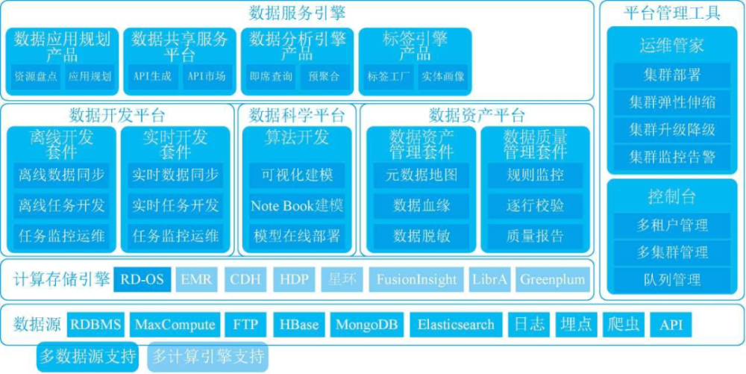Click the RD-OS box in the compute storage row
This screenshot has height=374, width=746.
[142, 279]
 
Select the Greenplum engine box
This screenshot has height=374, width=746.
[552, 279]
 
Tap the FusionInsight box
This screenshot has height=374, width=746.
[416, 279]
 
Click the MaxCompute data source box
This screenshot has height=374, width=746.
[175, 325]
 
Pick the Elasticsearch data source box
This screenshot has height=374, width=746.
[456, 325]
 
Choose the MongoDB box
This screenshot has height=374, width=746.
[366, 325]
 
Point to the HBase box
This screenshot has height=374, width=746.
[299, 325]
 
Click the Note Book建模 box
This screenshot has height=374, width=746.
[298, 205]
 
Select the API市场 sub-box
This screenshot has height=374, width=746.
[207, 76]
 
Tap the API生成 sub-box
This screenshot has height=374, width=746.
[152, 76]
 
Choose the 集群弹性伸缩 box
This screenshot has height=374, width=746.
[672, 102]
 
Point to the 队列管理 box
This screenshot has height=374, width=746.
[672, 279]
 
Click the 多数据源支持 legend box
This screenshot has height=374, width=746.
[88, 356]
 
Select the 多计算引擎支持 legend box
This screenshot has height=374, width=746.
[208, 356]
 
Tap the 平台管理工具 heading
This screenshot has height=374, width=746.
[672, 13]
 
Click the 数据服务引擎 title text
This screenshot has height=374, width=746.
[298, 13]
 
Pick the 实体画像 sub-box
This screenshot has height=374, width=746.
[442, 76]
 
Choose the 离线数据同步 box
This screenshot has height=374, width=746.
[61, 175]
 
